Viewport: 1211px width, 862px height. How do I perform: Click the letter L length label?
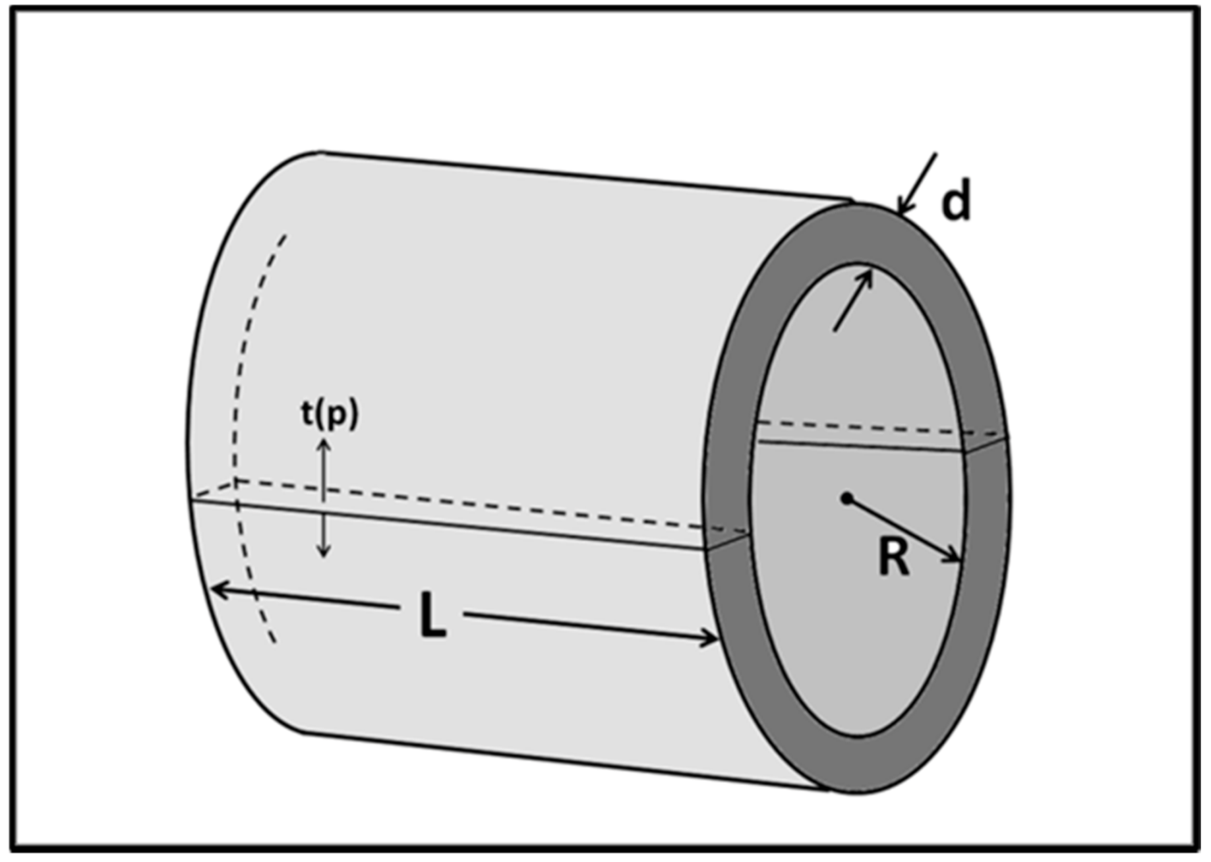(432, 615)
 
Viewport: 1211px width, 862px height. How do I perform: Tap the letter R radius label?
(893, 558)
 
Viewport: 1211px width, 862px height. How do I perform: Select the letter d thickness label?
(956, 202)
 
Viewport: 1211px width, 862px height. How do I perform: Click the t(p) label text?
(330, 415)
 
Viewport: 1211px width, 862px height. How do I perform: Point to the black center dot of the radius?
(847, 498)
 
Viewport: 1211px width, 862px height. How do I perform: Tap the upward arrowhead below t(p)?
(323, 444)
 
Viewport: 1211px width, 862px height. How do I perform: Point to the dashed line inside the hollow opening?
(857, 426)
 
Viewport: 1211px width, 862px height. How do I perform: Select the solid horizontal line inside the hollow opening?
(857, 447)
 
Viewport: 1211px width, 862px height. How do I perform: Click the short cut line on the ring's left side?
(728, 541)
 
